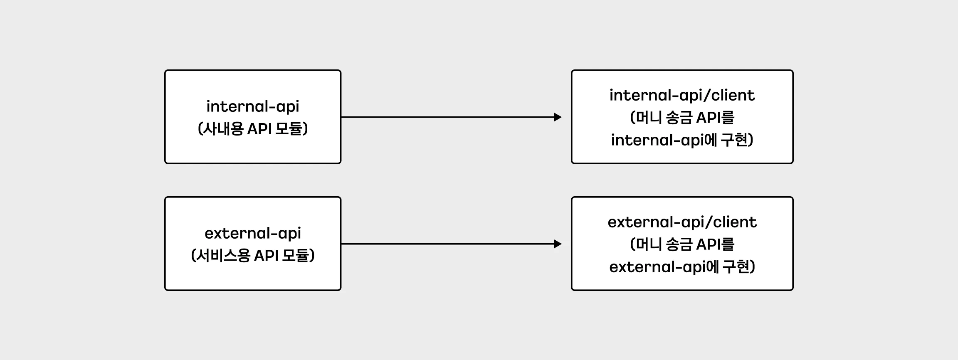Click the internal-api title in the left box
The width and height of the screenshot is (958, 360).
253,106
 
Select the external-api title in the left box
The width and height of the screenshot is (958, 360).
253,233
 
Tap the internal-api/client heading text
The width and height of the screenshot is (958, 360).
682,96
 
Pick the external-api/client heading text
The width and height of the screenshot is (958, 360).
682,222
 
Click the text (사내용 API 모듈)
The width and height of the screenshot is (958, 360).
253,129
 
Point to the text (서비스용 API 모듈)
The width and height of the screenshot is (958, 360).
253,255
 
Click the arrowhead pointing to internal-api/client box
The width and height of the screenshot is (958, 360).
558,117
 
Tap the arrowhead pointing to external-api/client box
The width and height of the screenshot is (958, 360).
558,244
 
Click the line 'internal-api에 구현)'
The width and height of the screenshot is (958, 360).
682,140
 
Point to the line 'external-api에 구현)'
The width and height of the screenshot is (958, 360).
682,266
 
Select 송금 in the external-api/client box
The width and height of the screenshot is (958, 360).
679,244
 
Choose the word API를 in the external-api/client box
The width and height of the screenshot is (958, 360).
715,244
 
